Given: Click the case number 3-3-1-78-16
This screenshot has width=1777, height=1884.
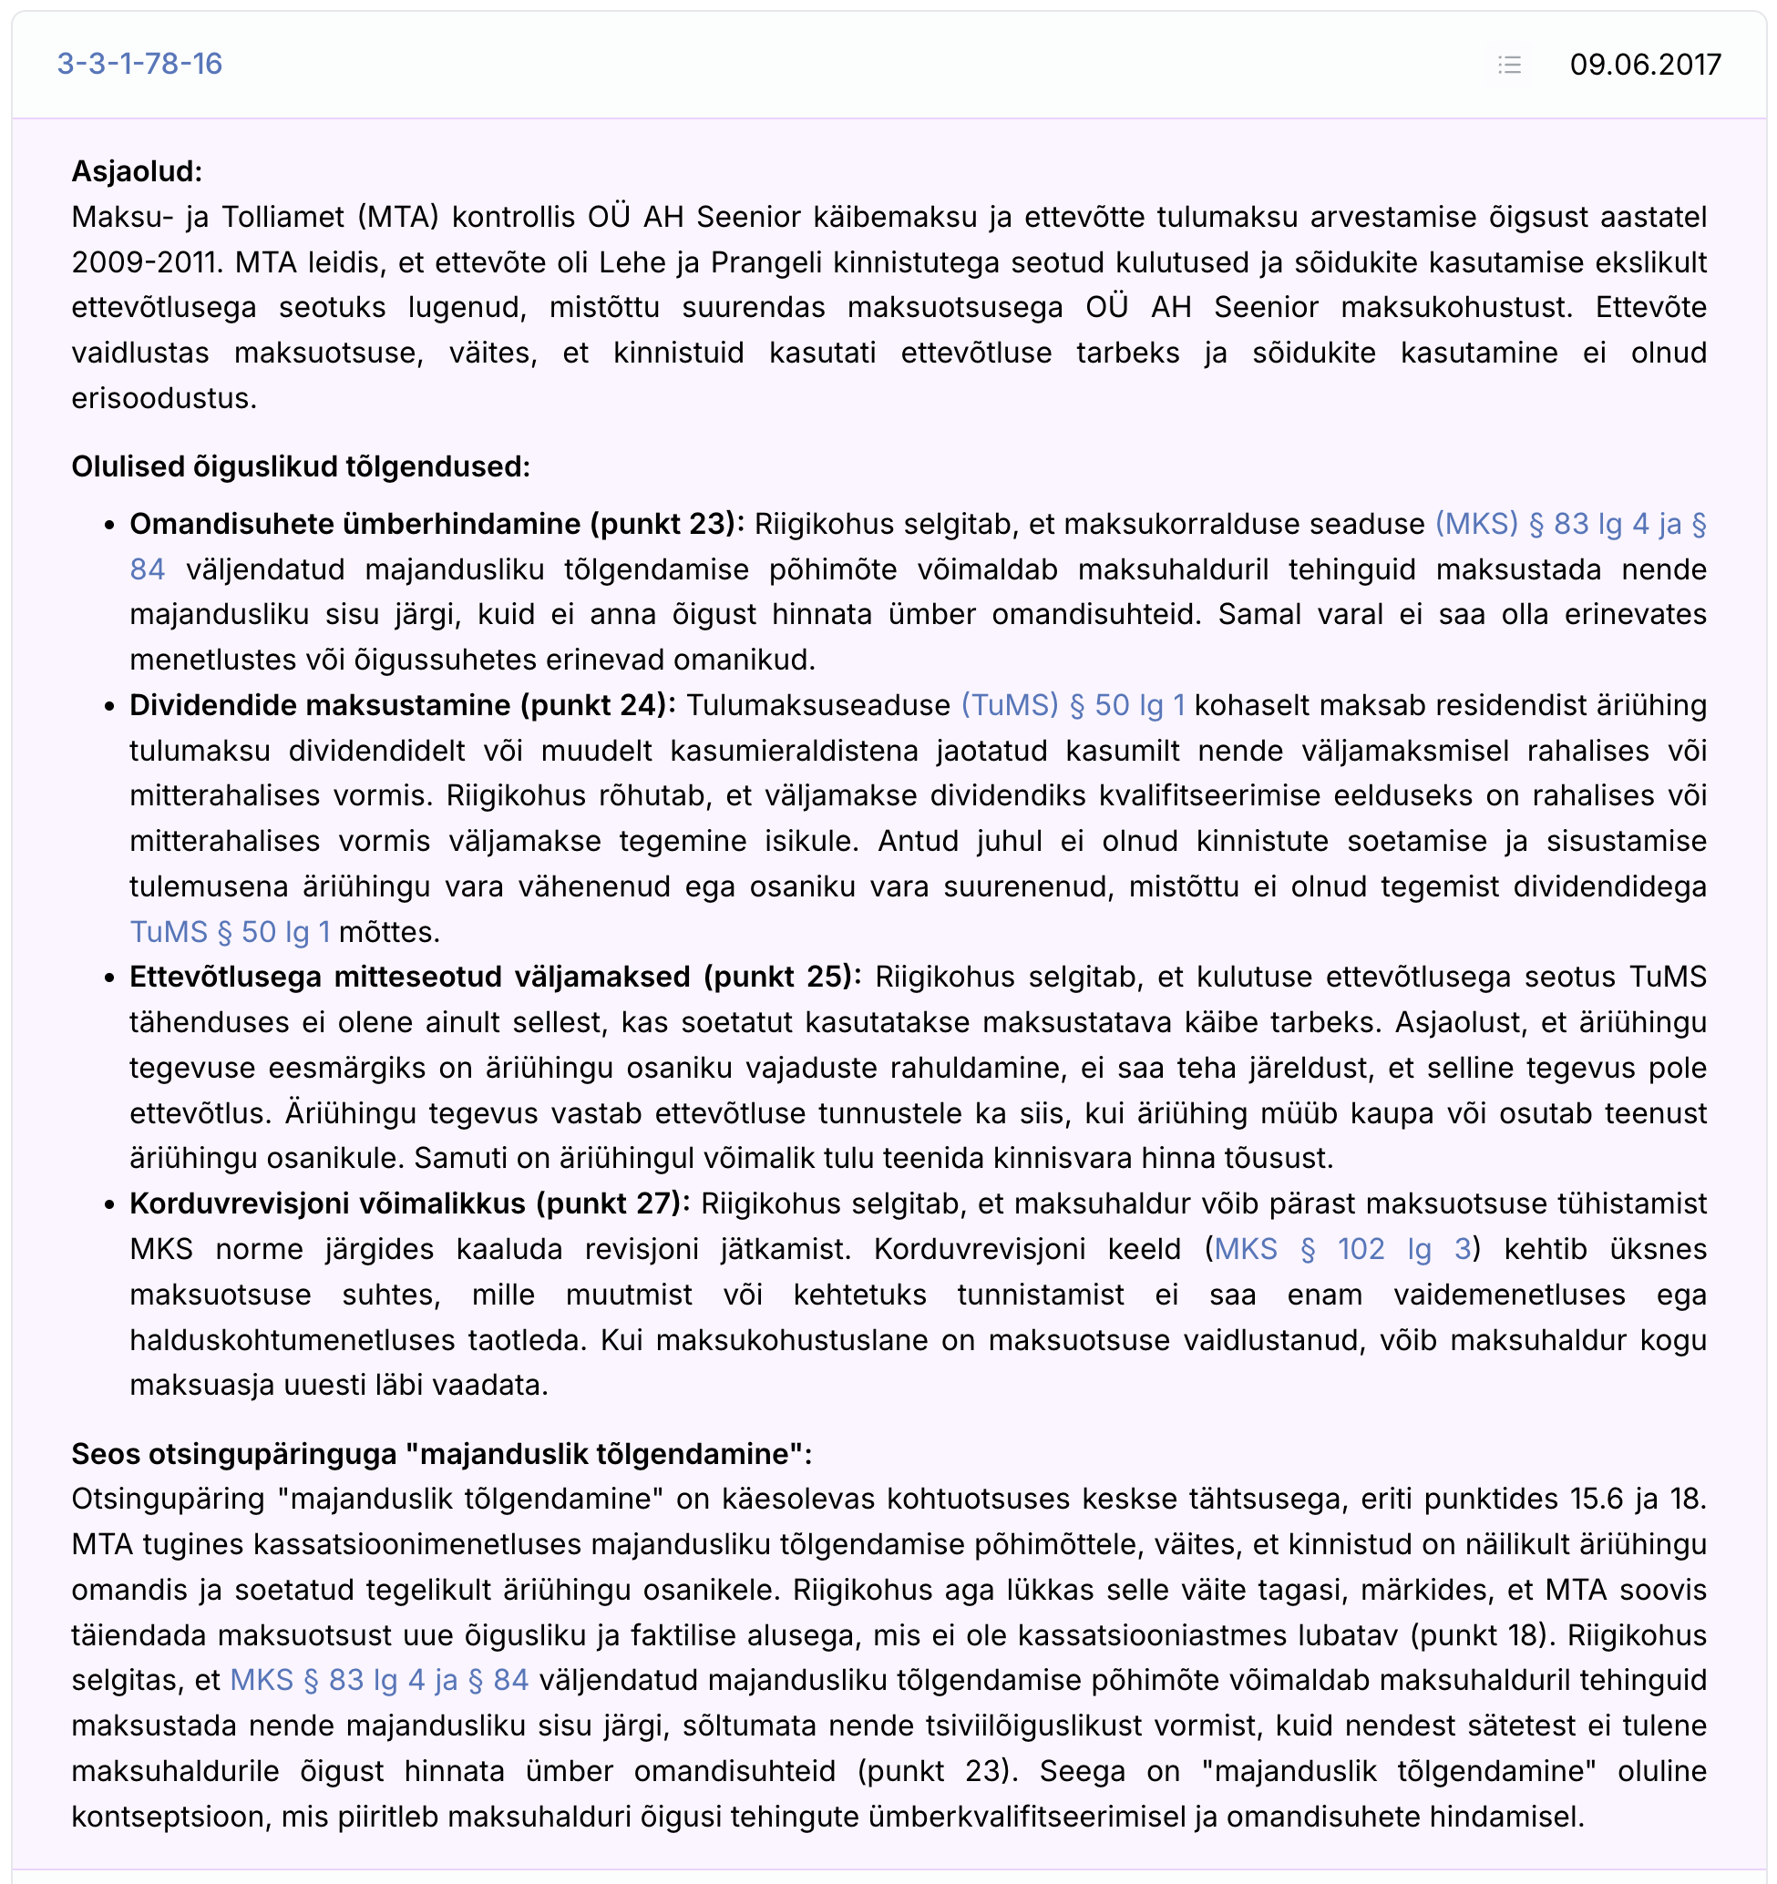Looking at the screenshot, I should [139, 64].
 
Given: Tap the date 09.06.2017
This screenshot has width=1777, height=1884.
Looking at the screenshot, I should [1644, 65].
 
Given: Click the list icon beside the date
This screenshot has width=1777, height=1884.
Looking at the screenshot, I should [1509, 65].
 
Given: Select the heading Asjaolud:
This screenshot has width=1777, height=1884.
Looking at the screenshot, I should [137, 171].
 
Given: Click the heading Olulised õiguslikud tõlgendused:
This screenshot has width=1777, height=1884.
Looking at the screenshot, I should [301, 466].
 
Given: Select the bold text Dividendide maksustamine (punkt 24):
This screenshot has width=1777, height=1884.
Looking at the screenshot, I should [402, 705].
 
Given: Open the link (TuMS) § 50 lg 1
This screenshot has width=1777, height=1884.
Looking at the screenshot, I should [1073, 705].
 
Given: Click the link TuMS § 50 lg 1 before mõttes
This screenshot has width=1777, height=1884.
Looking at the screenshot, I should [231, 932].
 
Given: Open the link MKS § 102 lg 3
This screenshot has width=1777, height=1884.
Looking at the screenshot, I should [1342, 1249].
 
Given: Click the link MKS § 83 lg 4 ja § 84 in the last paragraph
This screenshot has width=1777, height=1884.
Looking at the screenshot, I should [379, 1680].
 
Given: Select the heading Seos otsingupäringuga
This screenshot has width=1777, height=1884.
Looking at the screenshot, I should [442, 1454].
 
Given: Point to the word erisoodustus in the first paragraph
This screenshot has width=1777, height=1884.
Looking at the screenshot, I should [162, 398].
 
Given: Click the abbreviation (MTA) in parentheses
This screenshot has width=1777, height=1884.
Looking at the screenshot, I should [398, 217].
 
